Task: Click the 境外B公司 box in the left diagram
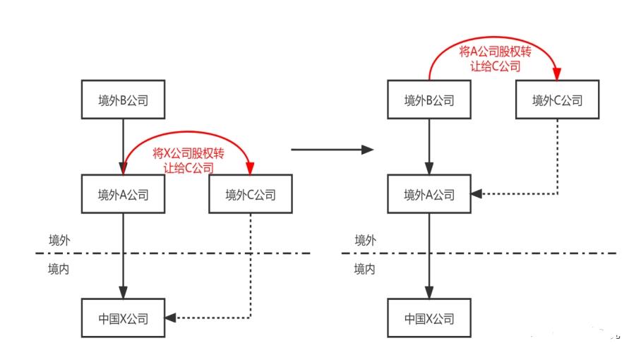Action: click(124, 100)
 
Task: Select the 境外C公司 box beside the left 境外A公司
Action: click(251, 195)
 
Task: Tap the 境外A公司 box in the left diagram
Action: click(124, 195)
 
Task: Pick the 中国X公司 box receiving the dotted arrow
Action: click(124, 318)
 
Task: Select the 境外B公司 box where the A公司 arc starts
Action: click(429, 100)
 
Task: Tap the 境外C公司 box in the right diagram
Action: click(558, 100)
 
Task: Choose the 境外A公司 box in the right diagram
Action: click(429, 195)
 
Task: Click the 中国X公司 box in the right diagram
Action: click(429, 318)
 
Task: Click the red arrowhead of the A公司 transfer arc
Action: click(558, 74)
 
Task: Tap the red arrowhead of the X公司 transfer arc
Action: click(251, 169)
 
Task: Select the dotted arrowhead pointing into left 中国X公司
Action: click(171, 318)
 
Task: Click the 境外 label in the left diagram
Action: click(60, 240)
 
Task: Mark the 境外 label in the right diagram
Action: click(366, 240)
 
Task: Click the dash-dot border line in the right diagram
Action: click(494, 253)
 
